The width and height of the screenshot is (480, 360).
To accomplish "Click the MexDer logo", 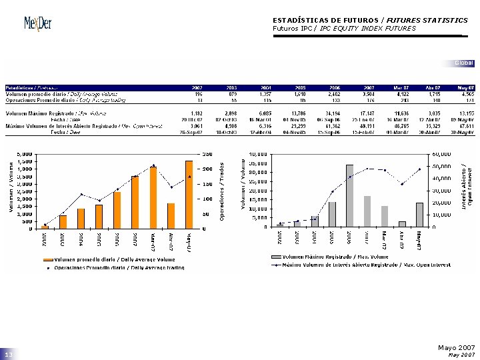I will coord(37,24).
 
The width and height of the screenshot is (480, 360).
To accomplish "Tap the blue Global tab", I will coord(464,63).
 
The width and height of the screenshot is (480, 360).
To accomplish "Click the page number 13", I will coord(9,353).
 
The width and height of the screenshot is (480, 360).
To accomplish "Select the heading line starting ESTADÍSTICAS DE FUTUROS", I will coord(370,21).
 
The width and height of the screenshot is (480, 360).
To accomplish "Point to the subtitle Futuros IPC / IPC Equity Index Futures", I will coord(344,29).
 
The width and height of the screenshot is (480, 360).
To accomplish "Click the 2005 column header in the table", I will coord(301,87).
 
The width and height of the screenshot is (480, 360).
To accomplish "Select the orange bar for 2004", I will coord(81,219).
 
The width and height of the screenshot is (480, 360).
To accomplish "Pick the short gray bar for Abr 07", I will coord(402,224).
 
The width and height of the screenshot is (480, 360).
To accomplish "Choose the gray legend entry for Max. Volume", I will coord(320,256).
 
